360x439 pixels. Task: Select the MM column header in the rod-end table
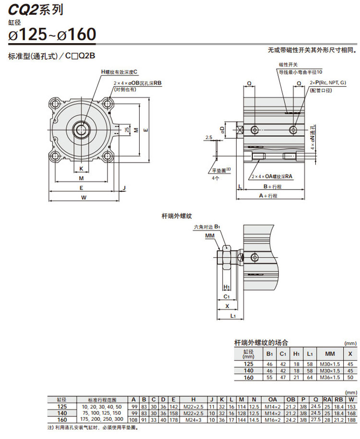pyautogui.click(x=330, y=354)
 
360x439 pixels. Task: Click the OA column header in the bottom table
pyautogui.click(x=272, y=398)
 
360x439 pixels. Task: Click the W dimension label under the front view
pyautogui.click(x=84, y=197)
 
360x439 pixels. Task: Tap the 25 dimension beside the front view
pyautogui.click(x=126, y=130)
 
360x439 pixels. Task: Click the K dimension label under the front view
pyautogui.click(x=82, y=168)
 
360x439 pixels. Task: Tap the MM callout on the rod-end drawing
pyautogui.click(x=209, y=236)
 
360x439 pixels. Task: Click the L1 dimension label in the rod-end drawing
pyautogui.click(x=232, y=316)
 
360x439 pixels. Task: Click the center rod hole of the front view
pyautogui.click(x=81, y=129)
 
